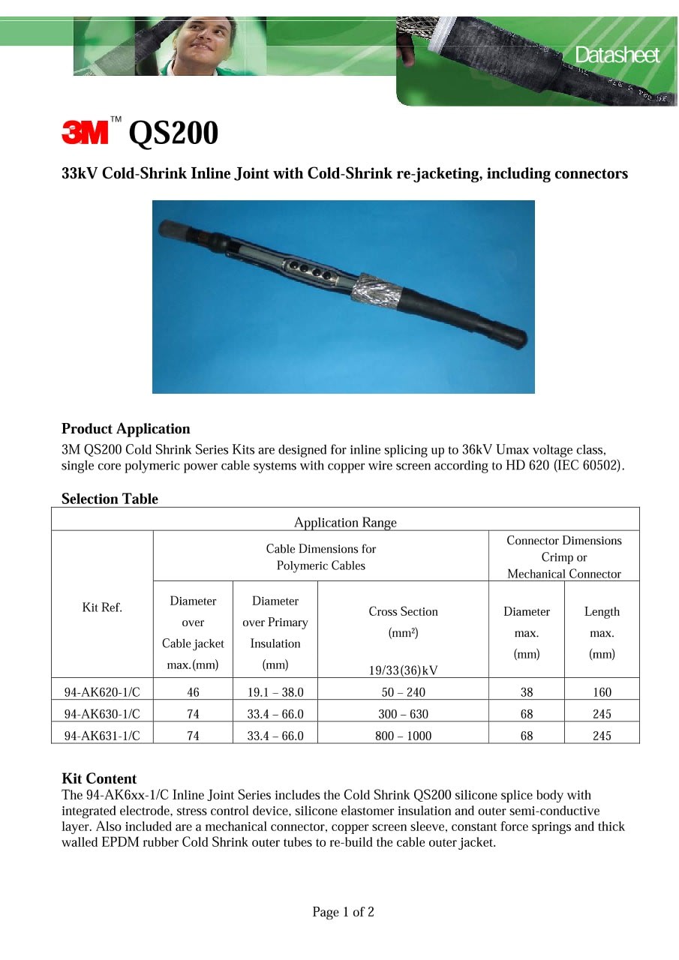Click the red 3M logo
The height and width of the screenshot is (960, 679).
[85, 133]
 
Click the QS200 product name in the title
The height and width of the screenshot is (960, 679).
[173, 133]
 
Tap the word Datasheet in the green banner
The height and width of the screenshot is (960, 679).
[617, 55]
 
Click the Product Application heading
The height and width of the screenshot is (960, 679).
[125, 429]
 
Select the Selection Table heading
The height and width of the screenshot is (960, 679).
[110, 499]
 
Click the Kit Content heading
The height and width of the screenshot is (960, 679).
[99, 778]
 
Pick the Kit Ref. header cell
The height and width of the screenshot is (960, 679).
[102, 607]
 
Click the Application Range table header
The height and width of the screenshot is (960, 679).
[345, 522]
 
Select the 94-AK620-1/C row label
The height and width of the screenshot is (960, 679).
[102, 692]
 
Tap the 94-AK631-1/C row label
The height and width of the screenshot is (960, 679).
[102, 736]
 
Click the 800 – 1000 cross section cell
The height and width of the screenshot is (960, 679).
[403, 736]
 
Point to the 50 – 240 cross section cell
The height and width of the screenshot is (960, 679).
[403, 692]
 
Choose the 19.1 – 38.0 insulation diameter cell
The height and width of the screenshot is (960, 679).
[275, 692]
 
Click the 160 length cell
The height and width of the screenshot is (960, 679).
[602, 692]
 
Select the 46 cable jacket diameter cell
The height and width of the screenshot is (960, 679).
[193, 692]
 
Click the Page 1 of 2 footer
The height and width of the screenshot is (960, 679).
[343, 912]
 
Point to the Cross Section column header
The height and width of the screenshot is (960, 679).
[403, 611]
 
